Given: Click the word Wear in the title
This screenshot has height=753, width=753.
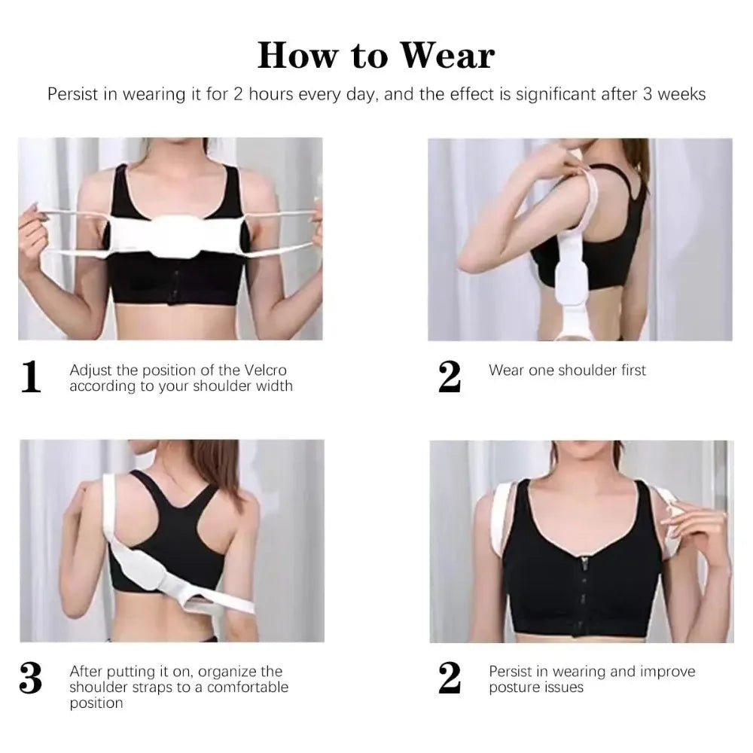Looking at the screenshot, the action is click(447, 55).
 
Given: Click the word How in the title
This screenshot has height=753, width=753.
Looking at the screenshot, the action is click(297, 55).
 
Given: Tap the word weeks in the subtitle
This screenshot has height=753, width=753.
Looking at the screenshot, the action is click(681, 93).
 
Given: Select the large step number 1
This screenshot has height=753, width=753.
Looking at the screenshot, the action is click(31, 376).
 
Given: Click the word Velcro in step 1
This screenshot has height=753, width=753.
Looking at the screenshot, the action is click(266, 370).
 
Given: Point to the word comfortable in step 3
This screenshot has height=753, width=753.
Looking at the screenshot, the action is click(248, 687).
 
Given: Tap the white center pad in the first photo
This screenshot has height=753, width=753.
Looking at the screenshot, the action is click(175, 234).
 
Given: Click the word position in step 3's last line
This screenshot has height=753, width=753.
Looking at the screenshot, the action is click(96, 703).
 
